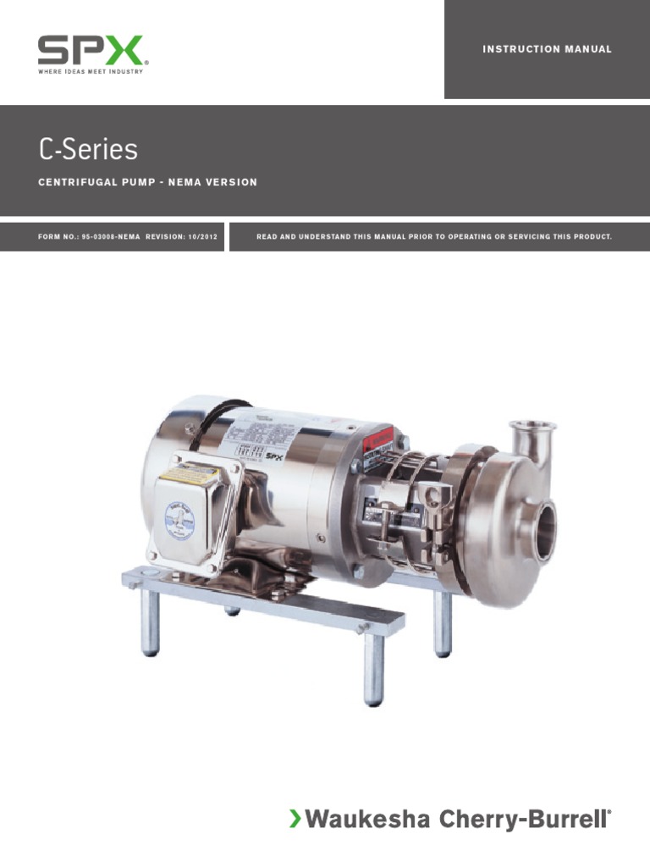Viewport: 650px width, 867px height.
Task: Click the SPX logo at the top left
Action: tap(91, 51)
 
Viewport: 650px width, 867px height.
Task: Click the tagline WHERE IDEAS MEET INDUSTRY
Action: tap(91, 72)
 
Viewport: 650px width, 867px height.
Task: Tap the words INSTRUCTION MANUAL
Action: tap(547, 49)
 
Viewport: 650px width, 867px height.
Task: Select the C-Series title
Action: tap(88, 150)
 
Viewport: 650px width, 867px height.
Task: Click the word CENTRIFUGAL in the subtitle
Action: tap(73, 183)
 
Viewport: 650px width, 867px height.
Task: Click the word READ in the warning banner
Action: tap(267, 237)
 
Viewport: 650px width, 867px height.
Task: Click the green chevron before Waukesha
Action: tap(295, 819)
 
